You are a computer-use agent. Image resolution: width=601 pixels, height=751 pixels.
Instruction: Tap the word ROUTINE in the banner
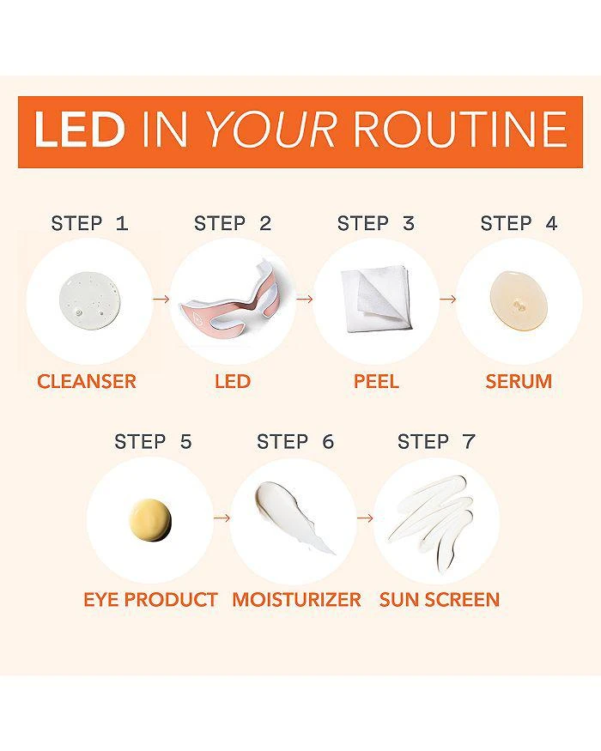(x=460, y=130)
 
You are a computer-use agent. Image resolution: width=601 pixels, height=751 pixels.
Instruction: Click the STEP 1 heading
(x=89, y=224)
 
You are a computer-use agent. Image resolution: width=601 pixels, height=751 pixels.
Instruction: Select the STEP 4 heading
(x=519, y=224)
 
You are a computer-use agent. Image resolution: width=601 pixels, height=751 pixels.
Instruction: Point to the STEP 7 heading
(x=436, y=442)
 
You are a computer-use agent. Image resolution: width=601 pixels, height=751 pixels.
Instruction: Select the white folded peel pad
(x=376, y=299)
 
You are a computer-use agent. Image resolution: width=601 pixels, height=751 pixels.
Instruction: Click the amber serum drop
(x=518, y=300)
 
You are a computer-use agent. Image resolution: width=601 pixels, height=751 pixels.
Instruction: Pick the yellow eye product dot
(x=150, y=520)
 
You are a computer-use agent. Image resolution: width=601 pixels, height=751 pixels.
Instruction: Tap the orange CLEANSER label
(x=87, y=381)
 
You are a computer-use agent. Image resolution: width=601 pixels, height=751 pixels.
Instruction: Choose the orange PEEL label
(x=376, y=381)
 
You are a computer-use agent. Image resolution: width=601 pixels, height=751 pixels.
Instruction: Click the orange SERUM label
(x=519, y=381)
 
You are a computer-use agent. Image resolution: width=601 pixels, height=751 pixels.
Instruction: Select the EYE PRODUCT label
(x=150, y=600)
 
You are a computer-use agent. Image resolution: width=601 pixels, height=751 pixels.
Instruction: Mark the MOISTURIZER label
(x=296, y=600)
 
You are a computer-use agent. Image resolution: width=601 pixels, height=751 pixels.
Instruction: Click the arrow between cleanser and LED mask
(x=161, y=299)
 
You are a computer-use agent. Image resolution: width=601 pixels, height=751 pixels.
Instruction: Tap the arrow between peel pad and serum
(x=447, y=299)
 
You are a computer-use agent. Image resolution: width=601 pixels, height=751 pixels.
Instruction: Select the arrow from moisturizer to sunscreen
(x=365, y=518)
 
